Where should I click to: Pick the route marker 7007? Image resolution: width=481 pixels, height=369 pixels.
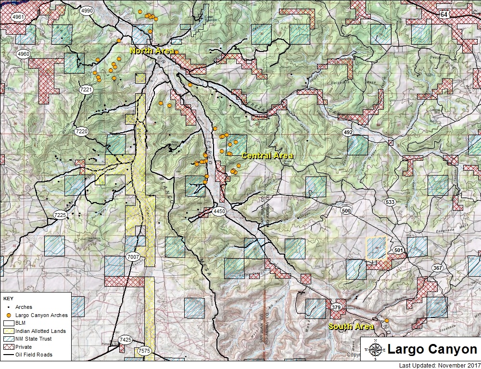(133, 257)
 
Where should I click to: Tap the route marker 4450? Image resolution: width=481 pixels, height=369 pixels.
(219, 211)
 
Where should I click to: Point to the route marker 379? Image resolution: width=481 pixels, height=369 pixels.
(336, 306)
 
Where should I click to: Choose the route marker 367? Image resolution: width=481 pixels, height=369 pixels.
(437, 267)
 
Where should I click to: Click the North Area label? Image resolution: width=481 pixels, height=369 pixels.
(148, 51)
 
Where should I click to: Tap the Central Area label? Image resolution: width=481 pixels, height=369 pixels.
(267, 156)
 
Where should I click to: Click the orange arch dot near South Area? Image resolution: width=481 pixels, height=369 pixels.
(386, 320)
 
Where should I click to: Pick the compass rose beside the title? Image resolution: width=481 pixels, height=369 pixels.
(375, 349)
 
